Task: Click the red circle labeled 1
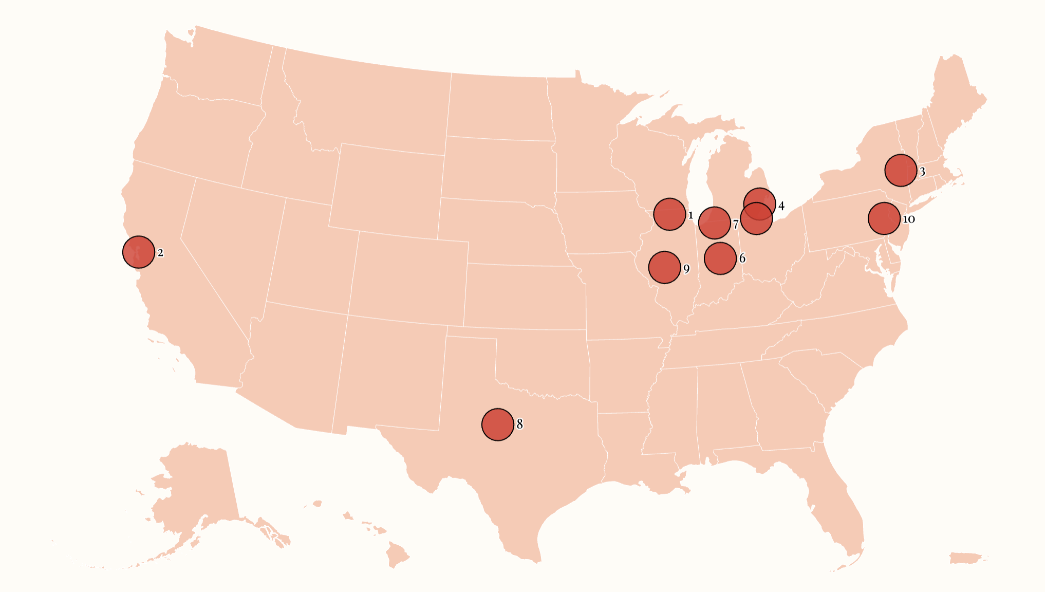(669, 214)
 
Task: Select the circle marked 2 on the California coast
(139, 252)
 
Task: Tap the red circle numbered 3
(901, 170)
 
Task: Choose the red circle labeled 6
(720, 258)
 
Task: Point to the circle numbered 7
(714, 223)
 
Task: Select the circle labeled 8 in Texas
(498, 424)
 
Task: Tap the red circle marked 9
(665, 267)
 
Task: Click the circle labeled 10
(884, 218)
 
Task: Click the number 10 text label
(909, 219)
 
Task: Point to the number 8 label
(520, 424)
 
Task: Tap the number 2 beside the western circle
(161, 253)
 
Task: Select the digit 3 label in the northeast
(922, 172)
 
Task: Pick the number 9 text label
(686, 269)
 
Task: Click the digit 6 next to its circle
(742, 258)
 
